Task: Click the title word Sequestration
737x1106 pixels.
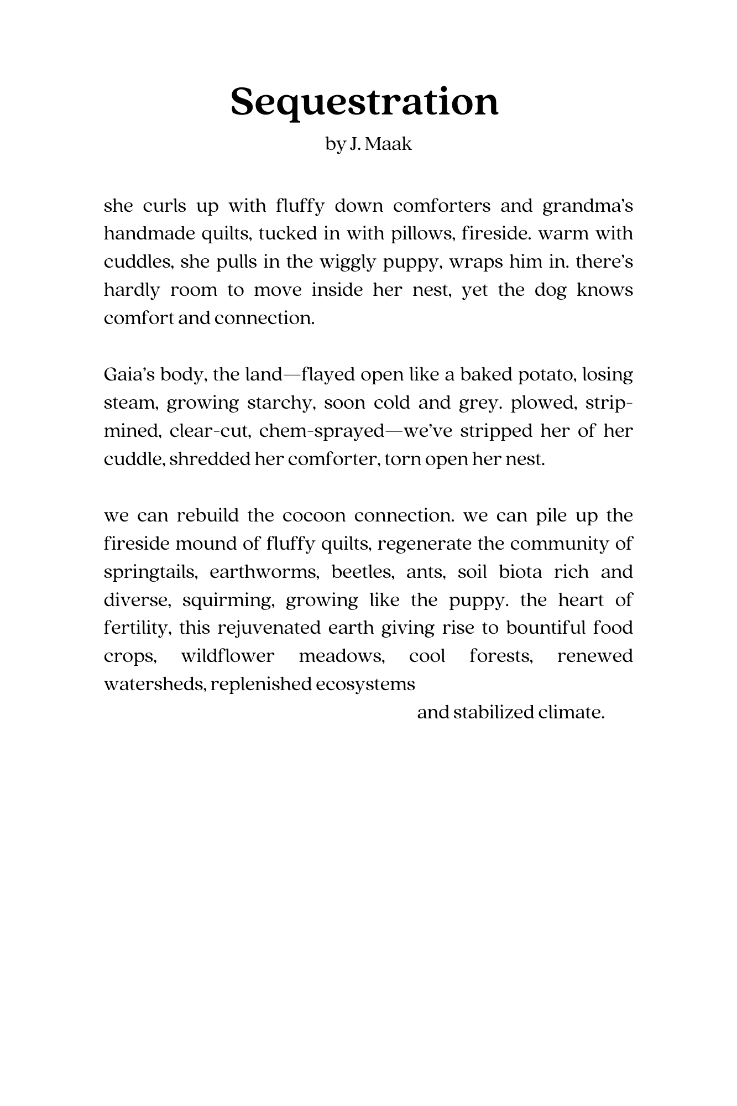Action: [x=364, y=103]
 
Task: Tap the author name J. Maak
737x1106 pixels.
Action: [x=381, y=144]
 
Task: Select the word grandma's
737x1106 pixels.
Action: [x=587, y=206]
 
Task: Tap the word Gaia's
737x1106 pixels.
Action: [x=129, y=375]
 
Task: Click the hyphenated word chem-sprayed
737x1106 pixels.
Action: [x=321, y=431]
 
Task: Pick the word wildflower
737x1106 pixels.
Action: [x=227, y=656]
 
